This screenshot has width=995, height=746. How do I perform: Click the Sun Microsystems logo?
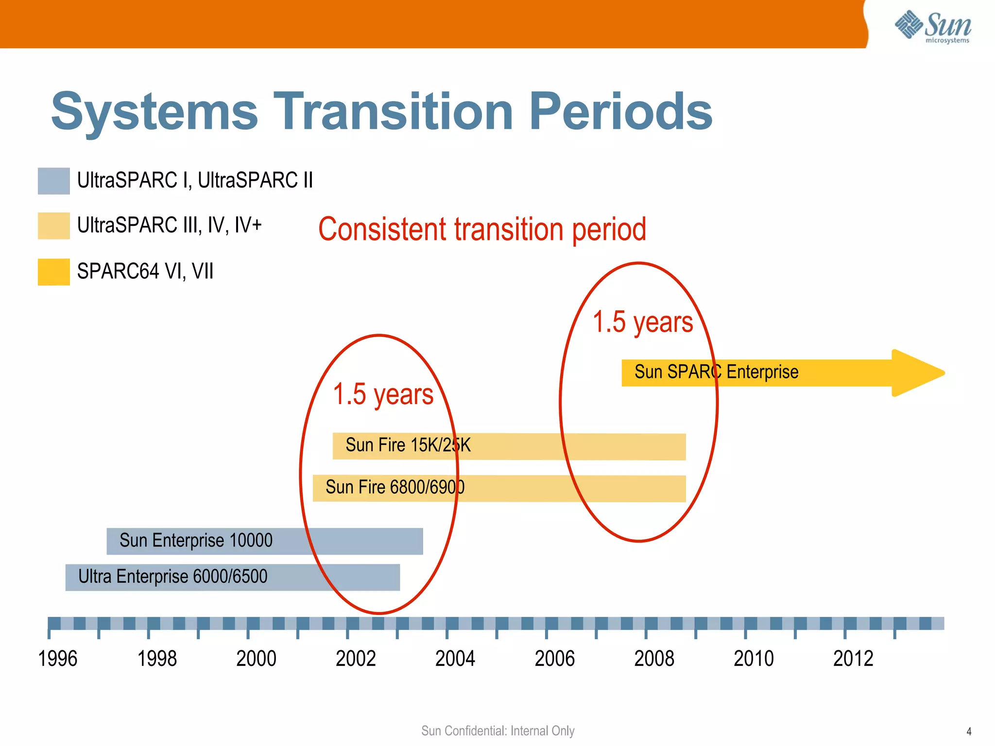tap(933, 27)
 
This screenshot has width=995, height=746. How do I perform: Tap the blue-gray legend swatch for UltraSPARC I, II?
tap(53, 181)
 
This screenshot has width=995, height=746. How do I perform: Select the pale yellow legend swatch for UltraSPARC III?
tap(53, 225)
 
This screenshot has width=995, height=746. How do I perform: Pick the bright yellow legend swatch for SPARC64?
tap(53, 271)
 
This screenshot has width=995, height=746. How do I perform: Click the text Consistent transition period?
tap(482, 229)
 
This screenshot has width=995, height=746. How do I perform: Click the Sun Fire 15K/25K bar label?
tap(408, 445)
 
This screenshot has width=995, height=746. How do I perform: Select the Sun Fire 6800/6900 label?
tap(395, 487)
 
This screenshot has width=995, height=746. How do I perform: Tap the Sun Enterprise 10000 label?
tap(196, 541)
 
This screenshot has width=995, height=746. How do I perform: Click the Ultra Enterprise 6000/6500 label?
tap(172, 576)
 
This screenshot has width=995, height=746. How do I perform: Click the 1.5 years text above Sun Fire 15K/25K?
tap(383, 394)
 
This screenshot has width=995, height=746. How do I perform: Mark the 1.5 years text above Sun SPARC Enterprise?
tap(642, 322)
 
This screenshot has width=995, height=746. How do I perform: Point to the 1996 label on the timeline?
tap(57, 659)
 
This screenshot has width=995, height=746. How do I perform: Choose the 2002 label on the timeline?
tap(356, 659)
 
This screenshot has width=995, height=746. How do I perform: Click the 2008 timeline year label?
tap(654, 659)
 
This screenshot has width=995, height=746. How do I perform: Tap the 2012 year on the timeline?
tap(853, 659)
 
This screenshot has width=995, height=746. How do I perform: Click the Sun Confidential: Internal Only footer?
tap(497, 731)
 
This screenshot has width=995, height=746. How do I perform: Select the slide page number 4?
tap(969, 731)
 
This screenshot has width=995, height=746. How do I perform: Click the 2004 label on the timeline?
tap(455, 659)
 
